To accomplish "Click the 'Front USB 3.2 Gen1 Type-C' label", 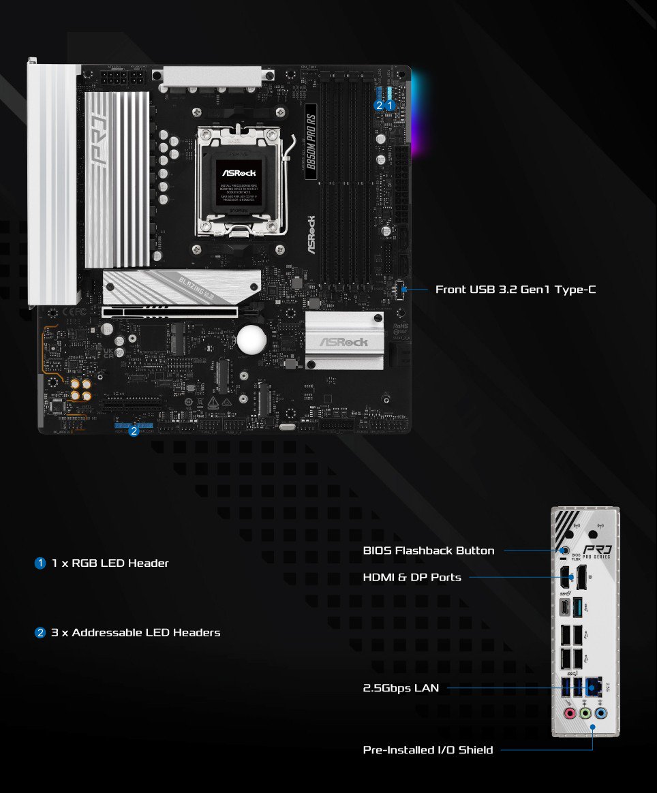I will [x=515, y=290].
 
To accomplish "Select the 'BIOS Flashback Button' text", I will [x=429, y=550].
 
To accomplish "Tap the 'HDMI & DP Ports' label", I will [x=412, y=578].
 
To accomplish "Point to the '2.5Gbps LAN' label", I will [x=401, y=688].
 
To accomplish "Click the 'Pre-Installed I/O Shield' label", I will [x=428, y=750].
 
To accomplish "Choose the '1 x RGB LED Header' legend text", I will [x=110, y=563].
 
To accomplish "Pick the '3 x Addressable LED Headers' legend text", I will [x=136, y=633].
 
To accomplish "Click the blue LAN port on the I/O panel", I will [x=594, y=686].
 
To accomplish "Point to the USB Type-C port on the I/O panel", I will [x=565, y=606].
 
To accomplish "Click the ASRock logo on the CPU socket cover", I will [x=239, y=173].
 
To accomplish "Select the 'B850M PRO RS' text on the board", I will [x=311, y=141].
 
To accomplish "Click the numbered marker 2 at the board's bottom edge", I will [x=134, y=431].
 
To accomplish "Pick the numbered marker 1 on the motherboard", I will [x=390, y=106].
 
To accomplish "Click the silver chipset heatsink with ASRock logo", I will [x=344, y=341].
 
